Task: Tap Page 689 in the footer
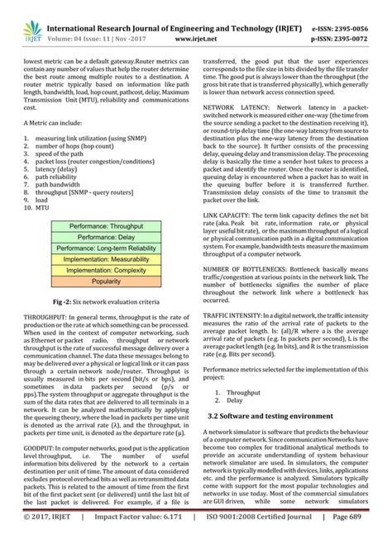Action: [x=365, y=540]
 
